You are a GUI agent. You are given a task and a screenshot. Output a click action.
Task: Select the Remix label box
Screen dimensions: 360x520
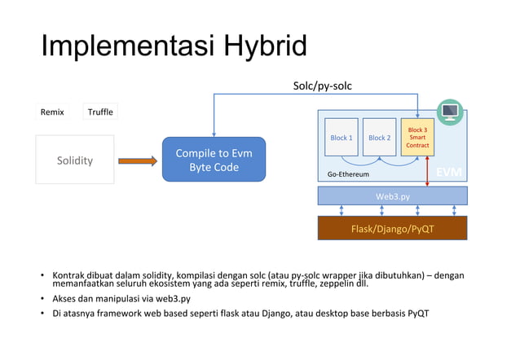tap(52, 112)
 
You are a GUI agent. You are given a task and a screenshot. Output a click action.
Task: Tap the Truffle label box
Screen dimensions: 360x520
tap(100, 112)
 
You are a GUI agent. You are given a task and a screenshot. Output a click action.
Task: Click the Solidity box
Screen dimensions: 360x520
tap(74, 160)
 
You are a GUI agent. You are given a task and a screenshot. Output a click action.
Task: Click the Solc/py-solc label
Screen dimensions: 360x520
tap(323, 85)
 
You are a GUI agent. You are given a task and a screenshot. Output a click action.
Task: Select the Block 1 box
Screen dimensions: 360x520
tap(341, 138)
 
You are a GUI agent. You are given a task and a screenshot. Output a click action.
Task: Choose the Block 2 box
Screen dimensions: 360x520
tap(379, 138)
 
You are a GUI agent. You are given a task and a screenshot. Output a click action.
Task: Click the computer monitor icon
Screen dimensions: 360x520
tap(450, 112)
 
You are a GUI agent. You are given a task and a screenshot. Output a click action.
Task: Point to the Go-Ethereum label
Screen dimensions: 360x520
tap(348, 174)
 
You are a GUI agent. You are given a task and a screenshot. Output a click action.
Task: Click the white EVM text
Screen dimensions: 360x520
tap(448, 173)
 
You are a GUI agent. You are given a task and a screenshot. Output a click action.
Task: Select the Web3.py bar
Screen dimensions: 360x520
tap(392, 195)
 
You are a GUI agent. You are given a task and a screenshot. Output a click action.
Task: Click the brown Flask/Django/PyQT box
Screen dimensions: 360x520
tap(392, 228)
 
